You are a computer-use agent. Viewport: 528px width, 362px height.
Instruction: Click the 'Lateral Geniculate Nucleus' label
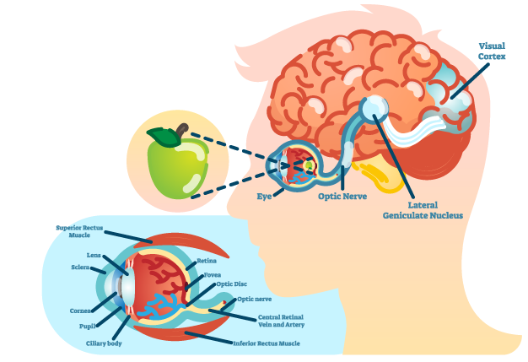point(423,210)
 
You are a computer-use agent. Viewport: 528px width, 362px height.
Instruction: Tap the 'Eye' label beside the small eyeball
point(265,197)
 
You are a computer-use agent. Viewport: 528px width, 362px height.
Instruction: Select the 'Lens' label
point(94,254)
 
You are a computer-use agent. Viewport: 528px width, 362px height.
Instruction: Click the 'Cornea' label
point(81,311)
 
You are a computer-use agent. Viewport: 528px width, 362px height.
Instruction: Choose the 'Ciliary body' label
point(104,343)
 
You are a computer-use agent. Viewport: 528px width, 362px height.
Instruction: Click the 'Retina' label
point(207,261)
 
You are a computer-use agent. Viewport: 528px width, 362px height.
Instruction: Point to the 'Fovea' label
point(212,274)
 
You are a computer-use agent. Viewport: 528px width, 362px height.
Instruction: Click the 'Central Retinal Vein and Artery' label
point(281,321)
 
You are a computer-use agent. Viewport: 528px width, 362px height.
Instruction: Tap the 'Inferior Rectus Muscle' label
point(266,343)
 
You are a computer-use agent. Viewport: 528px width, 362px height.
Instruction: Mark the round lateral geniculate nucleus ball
point(373,107)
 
